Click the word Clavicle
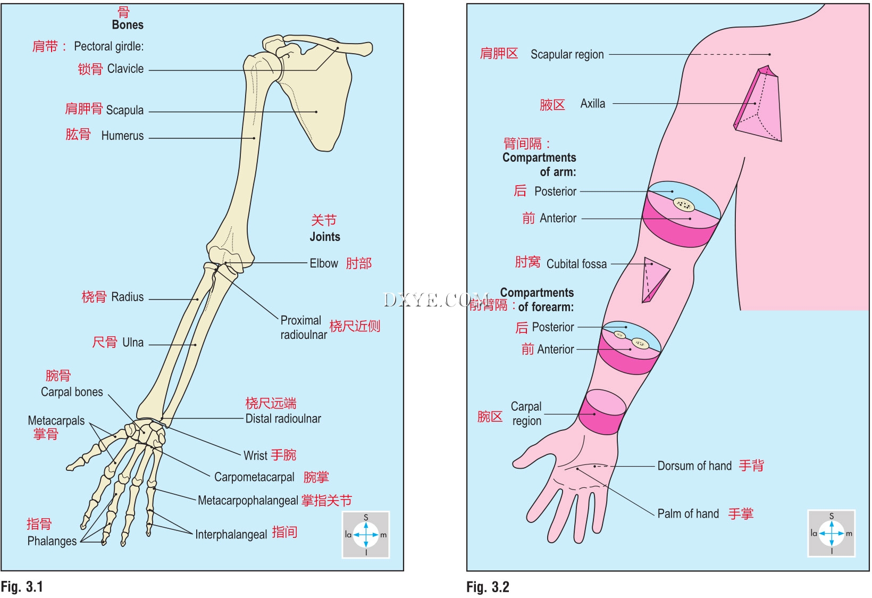(x=125, y=69)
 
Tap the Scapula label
(x=124, y=110)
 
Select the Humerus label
(x=122, y=136)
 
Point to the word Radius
(x=128, y=297)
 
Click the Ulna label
(x=133, y=342)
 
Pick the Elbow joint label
(x=324, y=263)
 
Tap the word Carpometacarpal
(x=254, y=477)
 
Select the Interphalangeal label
(x=231, y=534)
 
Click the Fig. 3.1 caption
(x=22, y=587)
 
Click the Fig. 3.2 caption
(x=488, y=587)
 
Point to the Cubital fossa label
(x=576, y=264)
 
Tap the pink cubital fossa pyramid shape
(x=654, y=278)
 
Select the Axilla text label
(x=592, y=104)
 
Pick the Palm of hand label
(x=688, y=513)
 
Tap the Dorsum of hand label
(x=694, y=466)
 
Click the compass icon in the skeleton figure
(x=366, y=534)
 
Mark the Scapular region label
(x=567, y=54)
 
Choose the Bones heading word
(x=128, y=24)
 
